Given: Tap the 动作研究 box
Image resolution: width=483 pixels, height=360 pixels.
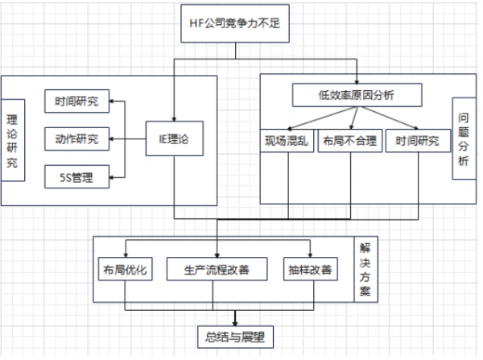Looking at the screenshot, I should (76, 139).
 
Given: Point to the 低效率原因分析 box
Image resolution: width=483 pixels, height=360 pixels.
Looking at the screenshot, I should (355, 96).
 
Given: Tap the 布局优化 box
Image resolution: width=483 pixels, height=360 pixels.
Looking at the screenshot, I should (125, 270).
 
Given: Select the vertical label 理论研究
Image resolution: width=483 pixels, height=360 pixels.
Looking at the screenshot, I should (11, 139).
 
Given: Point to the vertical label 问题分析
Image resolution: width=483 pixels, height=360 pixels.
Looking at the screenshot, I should (462, 139).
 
